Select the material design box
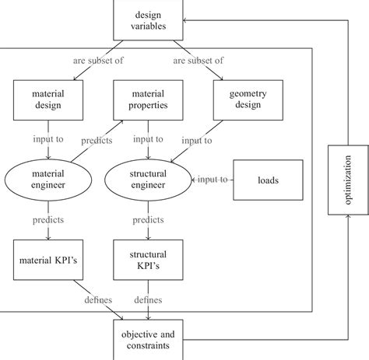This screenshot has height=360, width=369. pyautogui.click(x=47, y=100)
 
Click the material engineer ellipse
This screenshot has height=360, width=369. pyautogui.click(x=47, y=180)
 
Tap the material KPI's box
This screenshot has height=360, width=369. pyautogui.click(x=47, y=259)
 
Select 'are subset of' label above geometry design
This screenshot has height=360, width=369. pyautogui.click(x=199, y=59)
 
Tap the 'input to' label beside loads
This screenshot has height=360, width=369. pyautogui.click(x=213, y=180)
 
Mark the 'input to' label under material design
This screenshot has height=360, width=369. pyautogui.click(x=47, y=140)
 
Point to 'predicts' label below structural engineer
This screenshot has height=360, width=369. pyautogui.click(x=147, y=220)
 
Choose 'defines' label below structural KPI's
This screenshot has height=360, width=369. pyautogui.click(x=147, y=299)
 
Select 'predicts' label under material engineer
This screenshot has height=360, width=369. pyautogui.click(x=47, y=220)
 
